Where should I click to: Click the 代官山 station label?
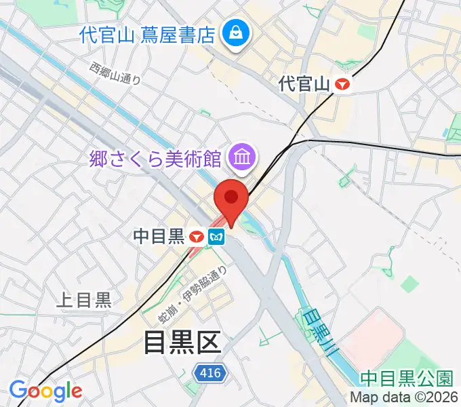click(x=304, y=84)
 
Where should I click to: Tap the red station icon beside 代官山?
click(x=344, y=84)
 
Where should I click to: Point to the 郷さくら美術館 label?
click(x=157, y=159)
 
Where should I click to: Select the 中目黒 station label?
click(x=159, y=236)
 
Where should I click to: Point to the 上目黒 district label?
click(x=84, y=300)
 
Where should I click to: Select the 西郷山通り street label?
click(x=115, y=73)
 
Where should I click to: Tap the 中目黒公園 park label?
click(x=407, y=377)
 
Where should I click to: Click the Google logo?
click(x=45, y=391)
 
